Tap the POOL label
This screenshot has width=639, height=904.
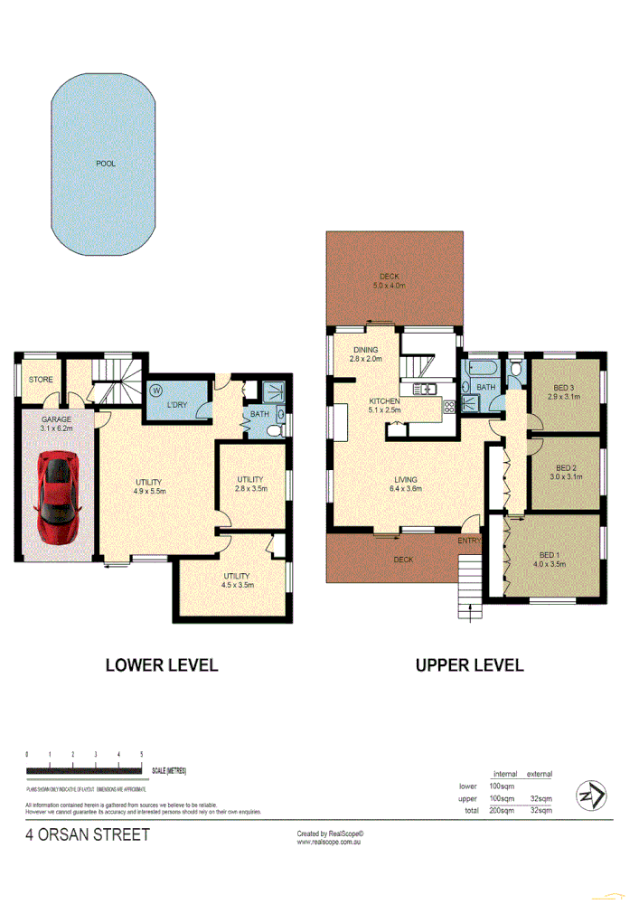coord(106,165)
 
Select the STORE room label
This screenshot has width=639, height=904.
coord(39,380)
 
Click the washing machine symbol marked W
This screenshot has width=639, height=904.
coord(155,391)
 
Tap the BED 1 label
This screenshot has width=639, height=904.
coord(551,555)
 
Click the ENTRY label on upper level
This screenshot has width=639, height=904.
coord(469,541)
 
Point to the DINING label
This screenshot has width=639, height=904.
coord(366,351)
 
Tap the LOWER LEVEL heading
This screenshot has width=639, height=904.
coord(163,665)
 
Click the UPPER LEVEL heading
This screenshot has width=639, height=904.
coord(469,665)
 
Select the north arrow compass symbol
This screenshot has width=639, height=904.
coord(592,796)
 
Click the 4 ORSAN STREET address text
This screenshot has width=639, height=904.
coord(88,834)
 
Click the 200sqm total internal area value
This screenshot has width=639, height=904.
coord(502,811)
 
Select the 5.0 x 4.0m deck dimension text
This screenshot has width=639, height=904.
coord(390,286)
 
